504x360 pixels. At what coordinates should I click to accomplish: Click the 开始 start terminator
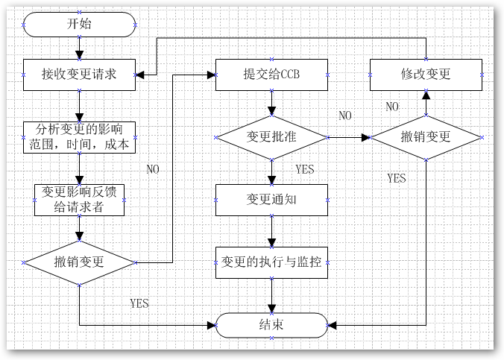(x=80, y=25)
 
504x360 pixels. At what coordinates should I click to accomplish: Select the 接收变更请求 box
(x=80, y=75)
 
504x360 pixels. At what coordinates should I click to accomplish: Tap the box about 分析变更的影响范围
(x=80, y=136)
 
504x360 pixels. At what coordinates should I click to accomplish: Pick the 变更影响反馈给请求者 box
(x=80, y=200)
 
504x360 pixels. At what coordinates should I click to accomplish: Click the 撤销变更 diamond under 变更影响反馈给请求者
(x=80, y=262)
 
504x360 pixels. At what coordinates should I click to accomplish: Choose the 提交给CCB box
(x=271, y=75)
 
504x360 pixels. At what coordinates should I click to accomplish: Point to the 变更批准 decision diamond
(x=271, y=137)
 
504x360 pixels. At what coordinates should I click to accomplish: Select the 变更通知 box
(x=271, y=200)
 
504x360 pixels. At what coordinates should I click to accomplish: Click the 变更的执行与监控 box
(x=271, y=262)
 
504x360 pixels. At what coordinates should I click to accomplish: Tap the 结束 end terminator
(x=271, y=326)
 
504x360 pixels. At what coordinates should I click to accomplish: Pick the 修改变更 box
(x=426, y=75)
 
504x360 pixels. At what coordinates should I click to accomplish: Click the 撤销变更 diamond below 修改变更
(x=426, y=137)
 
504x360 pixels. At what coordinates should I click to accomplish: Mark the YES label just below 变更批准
(x=305, y=169)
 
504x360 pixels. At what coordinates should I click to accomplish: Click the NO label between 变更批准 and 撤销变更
(x=345, y=116)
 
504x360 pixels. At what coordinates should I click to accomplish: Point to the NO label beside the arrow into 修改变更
(x=392, y=107)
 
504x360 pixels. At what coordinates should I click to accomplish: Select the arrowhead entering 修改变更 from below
(x=426, y=95)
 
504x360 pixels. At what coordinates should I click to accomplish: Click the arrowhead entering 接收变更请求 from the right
(x=141, y=75)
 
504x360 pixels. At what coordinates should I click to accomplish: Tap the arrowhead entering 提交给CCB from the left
(x=211, y=75)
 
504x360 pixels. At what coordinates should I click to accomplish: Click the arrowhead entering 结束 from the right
(x=333, y=326)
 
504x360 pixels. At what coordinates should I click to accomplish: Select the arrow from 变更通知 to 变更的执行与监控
(x=271, y=232)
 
